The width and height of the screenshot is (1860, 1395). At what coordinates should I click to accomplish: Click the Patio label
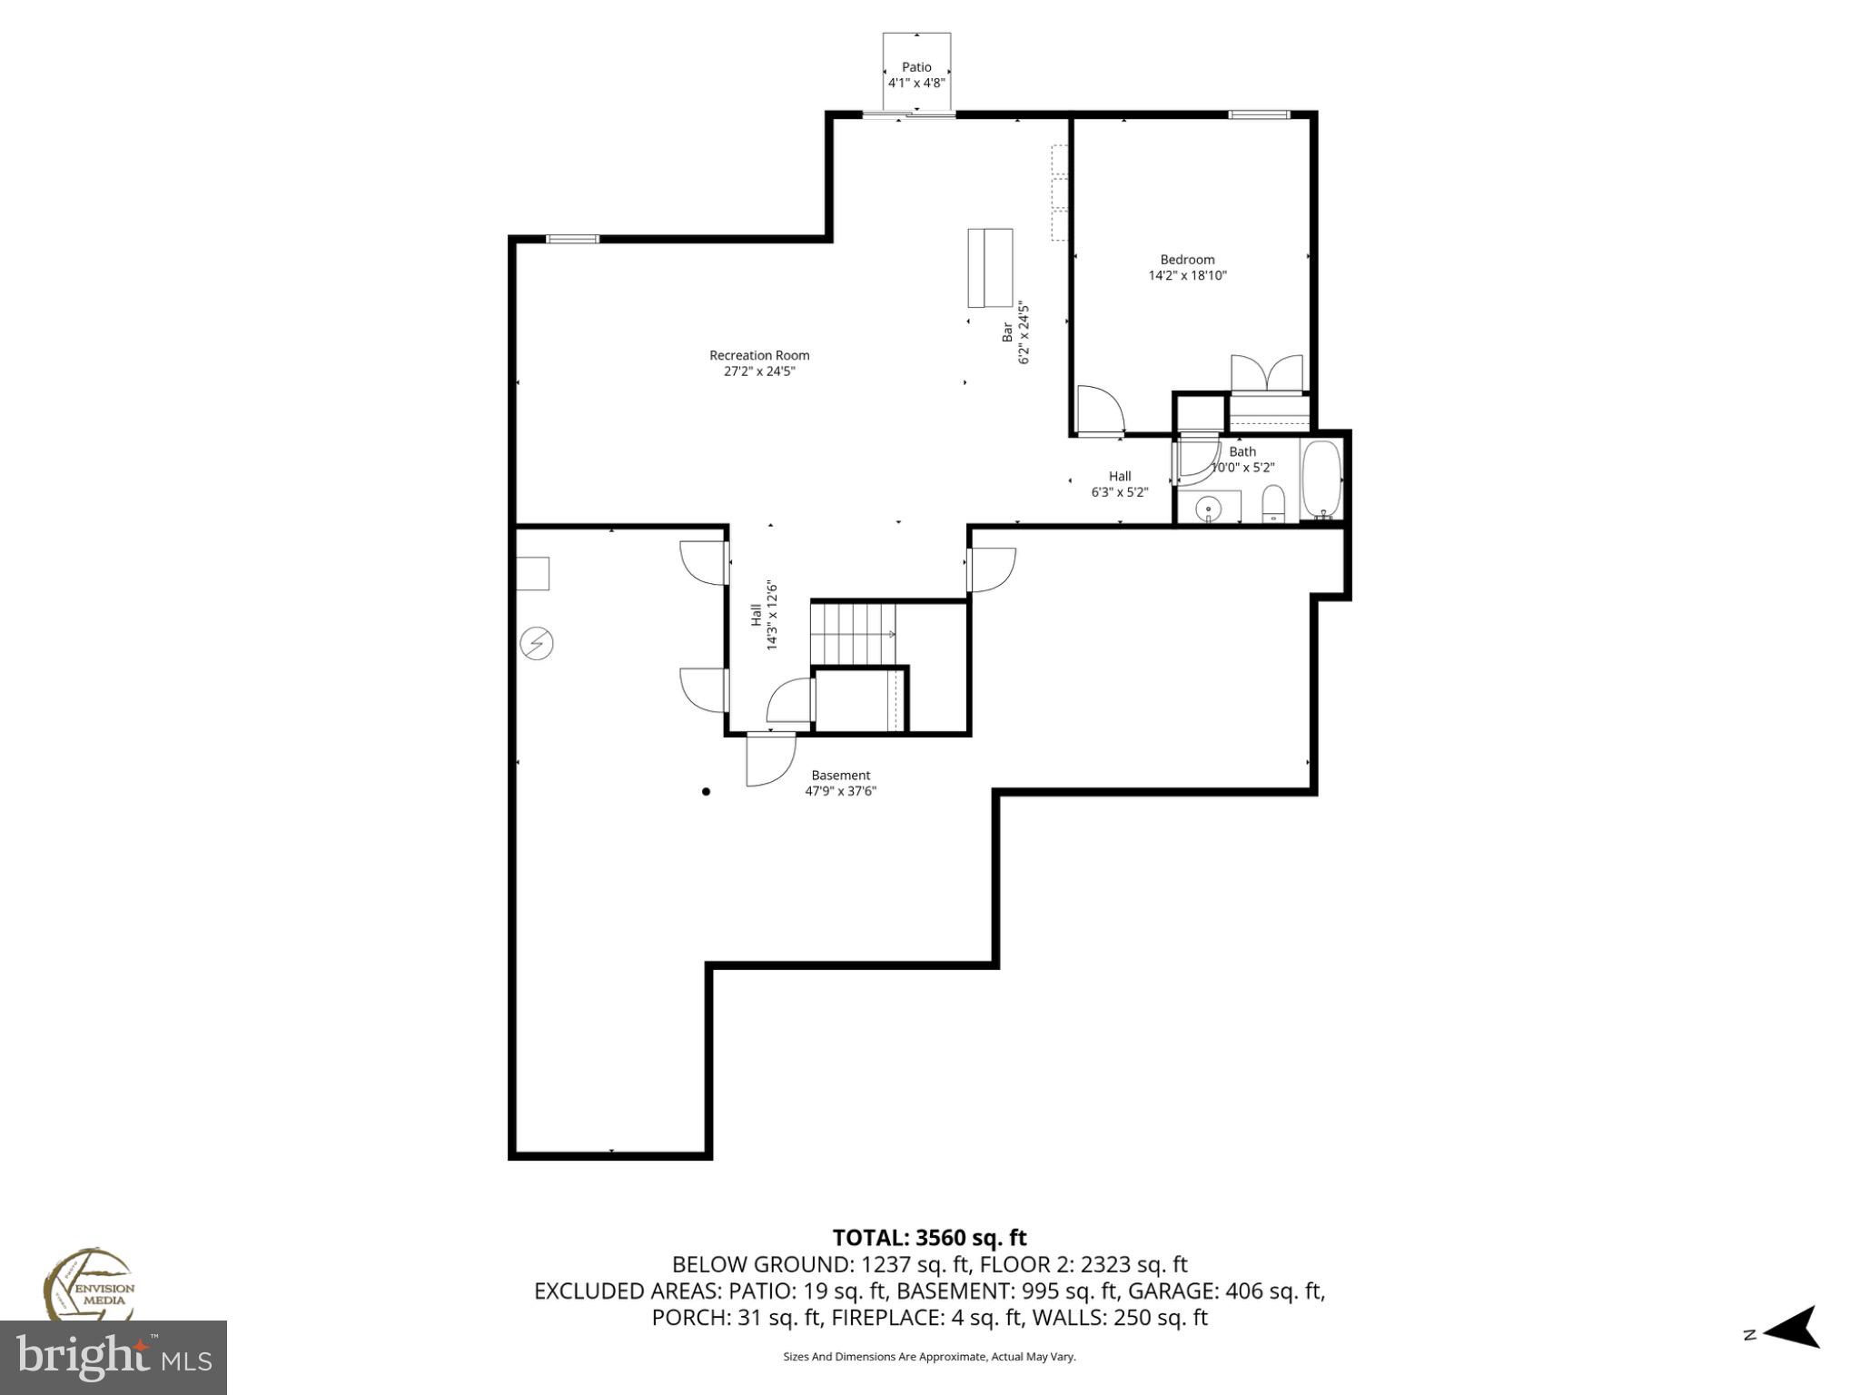pos(916,66)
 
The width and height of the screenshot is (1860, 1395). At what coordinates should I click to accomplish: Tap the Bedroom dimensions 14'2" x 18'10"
pos(1187,275)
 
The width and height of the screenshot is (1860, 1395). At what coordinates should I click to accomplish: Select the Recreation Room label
pos(759,355)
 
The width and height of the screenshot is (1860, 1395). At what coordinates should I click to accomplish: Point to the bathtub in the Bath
pos(1321,480)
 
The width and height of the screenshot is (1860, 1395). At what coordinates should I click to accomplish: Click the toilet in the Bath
pos(1274,505)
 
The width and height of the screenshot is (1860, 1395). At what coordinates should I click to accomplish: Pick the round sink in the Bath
pos(1207,508)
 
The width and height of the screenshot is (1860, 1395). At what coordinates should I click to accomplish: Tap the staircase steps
pos(853,633)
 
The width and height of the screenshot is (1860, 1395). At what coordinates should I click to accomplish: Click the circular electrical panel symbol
pos(536,643)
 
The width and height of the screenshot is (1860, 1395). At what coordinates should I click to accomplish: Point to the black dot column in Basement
pos(706,791)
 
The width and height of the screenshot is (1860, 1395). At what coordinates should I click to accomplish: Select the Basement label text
pos(840,775)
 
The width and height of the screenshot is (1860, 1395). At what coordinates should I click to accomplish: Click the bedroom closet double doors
pos(1267,373)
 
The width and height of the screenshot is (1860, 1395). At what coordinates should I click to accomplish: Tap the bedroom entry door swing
pos(1100,410)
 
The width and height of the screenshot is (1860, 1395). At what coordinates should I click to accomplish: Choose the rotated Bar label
pos(1007,332)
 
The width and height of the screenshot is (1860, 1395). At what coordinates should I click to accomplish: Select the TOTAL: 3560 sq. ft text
pos(929,1238)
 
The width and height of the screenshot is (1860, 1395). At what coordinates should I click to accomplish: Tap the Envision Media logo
pos(88,1286)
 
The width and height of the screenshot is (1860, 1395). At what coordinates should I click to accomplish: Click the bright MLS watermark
pos(114,1357)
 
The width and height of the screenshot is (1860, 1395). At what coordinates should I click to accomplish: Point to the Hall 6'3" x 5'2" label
pos(1119,484)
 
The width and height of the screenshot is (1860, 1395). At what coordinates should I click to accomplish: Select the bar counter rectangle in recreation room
pos(990,268)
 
